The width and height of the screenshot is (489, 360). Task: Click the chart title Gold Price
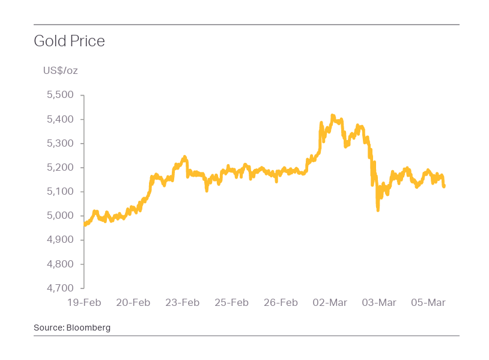[x=69, y=41]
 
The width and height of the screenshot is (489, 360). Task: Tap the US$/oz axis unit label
[x=60, y=71]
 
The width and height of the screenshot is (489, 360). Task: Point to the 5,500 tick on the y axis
[x=59, y=95]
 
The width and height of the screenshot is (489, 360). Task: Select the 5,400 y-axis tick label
[x=59, y=120]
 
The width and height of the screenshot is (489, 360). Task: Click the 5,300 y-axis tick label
[x=59, y=144]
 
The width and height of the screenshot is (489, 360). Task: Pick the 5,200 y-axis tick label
[x=59, y=168]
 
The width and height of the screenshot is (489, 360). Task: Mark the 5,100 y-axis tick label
[x=59, y=192]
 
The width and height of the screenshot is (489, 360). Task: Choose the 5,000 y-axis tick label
[x=59, y=216]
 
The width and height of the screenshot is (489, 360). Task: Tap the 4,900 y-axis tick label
[x=59, y=240]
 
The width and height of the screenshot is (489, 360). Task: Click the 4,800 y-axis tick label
[x=59, y=264]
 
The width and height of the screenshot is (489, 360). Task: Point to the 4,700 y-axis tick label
[x=59, y=288]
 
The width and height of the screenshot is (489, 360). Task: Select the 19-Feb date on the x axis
[x=84, y=302]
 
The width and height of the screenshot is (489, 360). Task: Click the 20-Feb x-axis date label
[x=133, y=302]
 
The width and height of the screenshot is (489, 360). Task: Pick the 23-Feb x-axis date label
[x=183, y=302]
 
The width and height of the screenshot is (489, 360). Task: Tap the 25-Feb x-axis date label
[x=232, y=302]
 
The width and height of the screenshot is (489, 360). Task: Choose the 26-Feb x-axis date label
[x=281, y=302]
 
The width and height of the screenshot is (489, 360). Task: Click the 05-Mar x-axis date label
[x=428, y=302]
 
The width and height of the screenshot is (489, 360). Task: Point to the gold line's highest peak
[x=333, y=115]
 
